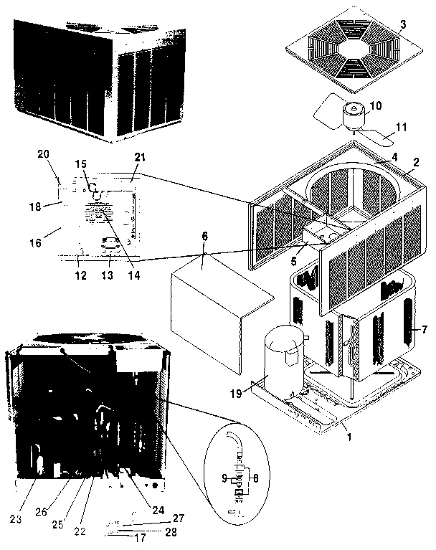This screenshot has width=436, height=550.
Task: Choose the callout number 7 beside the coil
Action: tap(424, 331)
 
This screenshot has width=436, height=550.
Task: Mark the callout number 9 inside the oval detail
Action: tap(224, 476)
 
